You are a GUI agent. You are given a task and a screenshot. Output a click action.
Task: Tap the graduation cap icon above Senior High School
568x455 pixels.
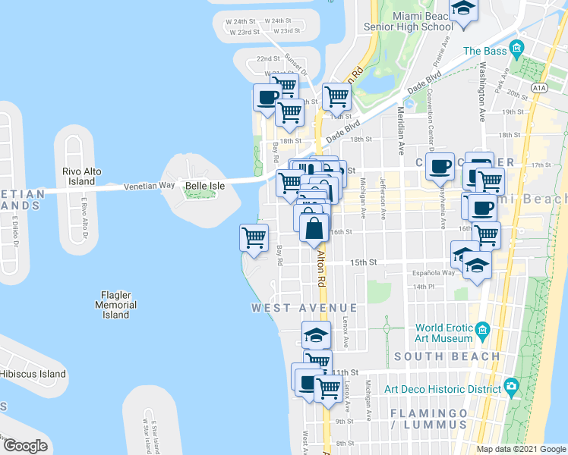click(x=462, y=10)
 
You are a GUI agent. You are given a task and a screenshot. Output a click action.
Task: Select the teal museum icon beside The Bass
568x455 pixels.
click(x=518, y=51)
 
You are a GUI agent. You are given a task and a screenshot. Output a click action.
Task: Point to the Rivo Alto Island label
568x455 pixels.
click(x=79, y=177)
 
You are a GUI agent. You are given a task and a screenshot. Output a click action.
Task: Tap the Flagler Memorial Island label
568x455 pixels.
click(x=116, y=304)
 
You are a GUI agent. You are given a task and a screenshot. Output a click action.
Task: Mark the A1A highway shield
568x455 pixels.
click(x=539, y=88)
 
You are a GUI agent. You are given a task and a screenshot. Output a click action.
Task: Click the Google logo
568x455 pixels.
click(x=25, y=445)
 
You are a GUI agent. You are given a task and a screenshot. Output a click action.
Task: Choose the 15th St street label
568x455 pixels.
click(x=364, y=262)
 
